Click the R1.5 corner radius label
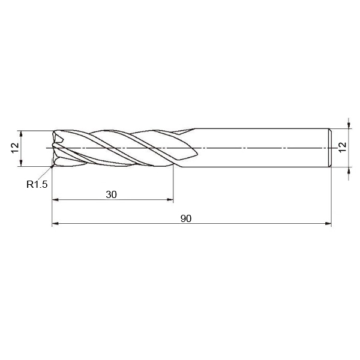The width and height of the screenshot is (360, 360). (37, 184)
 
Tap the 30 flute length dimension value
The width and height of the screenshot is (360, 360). (112, 194)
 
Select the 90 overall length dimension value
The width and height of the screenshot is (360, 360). (186, 219)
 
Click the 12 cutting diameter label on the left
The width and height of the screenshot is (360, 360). (15, 148)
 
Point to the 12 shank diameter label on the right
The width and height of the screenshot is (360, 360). (343, 147)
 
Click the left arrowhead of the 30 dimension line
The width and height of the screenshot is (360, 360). (56, 200)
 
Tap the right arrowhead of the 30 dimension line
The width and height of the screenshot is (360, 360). (170, 200)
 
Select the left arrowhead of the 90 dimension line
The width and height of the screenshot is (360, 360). (56, 223)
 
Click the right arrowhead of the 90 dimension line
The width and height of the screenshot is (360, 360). (328, 223)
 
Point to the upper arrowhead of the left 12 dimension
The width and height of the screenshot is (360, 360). (21, 134)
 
